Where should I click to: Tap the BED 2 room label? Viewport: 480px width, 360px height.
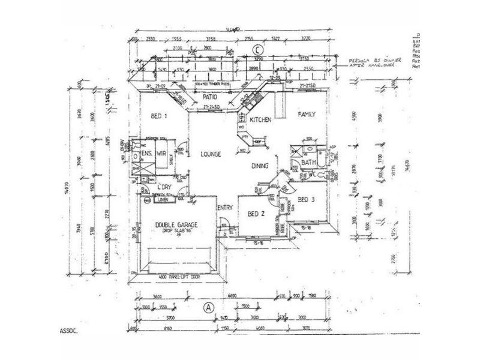tap(254, 214)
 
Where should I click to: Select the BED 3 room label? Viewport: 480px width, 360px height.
tap(307, 199)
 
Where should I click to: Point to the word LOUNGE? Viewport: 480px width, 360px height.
tap(211, 154)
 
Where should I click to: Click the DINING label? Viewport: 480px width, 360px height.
tap(260, 166)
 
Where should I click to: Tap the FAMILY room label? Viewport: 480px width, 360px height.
tap(307, 114)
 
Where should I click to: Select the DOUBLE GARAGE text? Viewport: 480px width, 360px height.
tap(176, 225)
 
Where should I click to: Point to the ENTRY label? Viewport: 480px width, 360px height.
tap(225, 208)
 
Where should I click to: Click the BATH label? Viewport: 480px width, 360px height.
tap(309, 163)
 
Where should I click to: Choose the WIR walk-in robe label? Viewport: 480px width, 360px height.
tap(161, 154)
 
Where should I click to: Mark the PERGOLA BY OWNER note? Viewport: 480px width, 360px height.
tap(371, 62)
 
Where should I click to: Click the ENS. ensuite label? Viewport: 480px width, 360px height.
tap(146, 154)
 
